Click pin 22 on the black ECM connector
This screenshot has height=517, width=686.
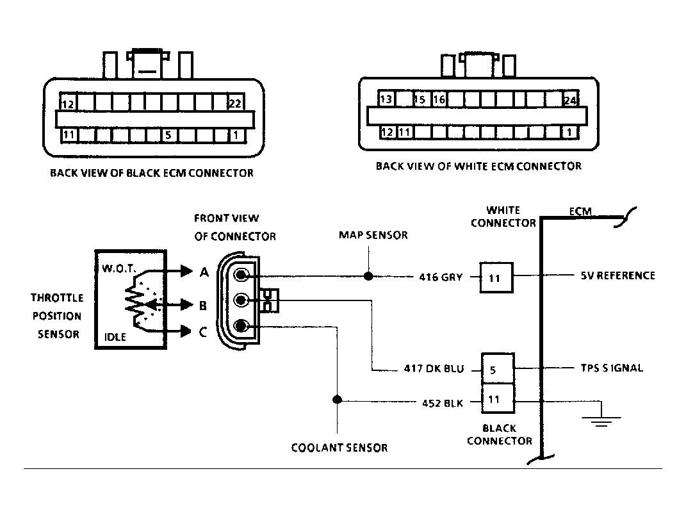[x=235, y=103]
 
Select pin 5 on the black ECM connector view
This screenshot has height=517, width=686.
[x=168, y=135]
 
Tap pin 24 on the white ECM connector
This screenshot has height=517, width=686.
[x=569, y=100]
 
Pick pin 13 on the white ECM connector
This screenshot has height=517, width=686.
[x=386, y=99]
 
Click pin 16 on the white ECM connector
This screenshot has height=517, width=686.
[x=439, y=99]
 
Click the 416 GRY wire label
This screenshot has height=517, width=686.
[x=441, y=277]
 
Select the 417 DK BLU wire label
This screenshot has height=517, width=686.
[x=434, y=368]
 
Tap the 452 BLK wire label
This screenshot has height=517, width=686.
[x=443, y=403]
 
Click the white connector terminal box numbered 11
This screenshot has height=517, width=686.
[x=496, y=277]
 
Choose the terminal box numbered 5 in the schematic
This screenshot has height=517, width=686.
[x=498, y=369]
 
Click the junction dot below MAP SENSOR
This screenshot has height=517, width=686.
[x=368, y=276]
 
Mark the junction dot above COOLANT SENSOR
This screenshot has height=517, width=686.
[x=338, y=400]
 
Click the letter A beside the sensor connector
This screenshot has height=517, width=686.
[x=204, y=272]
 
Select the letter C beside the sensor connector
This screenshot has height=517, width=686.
[x=203, y=332]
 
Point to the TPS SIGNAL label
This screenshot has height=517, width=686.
[x=612, y=368]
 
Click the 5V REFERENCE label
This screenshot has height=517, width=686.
[x=617, y=275]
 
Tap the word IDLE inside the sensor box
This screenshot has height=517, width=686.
[x=115, y=337]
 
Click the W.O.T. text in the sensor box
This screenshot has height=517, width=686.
[x=119, y=268]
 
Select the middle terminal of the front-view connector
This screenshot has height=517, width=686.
[x=241, y=300]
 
